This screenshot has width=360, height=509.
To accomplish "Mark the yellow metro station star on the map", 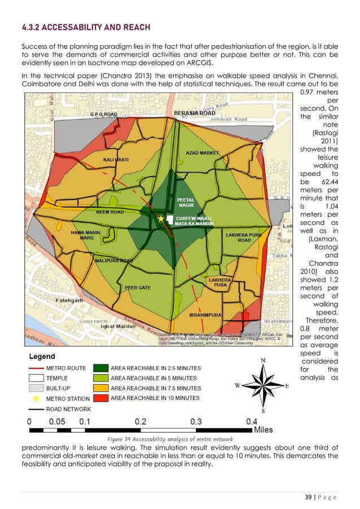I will click(161, 218).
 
